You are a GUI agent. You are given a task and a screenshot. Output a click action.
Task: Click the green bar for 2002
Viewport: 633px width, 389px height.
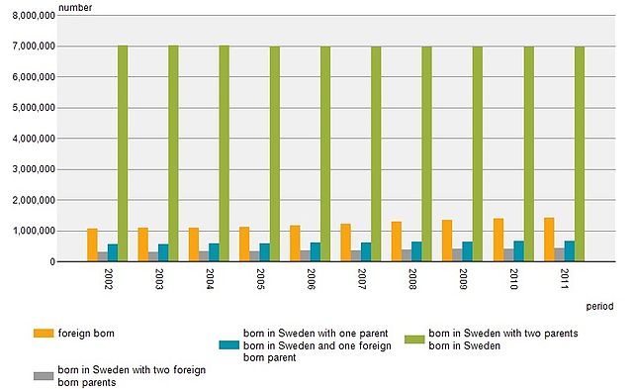[x=123, y=153]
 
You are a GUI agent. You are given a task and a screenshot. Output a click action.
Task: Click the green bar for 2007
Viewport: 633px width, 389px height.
[x=376, y=154]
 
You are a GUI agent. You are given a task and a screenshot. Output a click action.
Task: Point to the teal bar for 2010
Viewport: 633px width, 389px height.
[x=518, y=251]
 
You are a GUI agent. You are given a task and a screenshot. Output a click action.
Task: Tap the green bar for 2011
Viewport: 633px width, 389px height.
[x=580, y=154]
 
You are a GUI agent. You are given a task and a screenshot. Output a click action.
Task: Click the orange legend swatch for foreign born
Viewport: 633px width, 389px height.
[x=43, y=333]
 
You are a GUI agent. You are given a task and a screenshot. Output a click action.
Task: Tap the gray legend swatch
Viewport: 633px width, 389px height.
[x=43, y=376]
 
